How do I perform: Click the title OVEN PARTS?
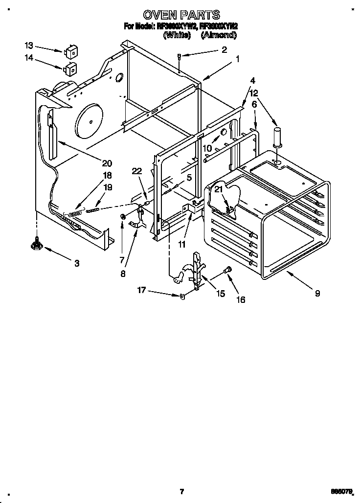coord(180,15)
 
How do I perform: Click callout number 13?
coord(29,46)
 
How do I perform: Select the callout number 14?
coord(29,58)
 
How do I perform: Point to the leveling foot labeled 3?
coord(36,243)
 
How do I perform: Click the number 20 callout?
coord(107,163)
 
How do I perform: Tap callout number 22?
coord(137,170)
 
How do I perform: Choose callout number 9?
coord(317,294)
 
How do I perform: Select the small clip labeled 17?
coord(181,295)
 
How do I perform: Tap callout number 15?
coord(221,294)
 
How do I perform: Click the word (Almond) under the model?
coord(219,35)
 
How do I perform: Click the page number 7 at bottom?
coord(181,491)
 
